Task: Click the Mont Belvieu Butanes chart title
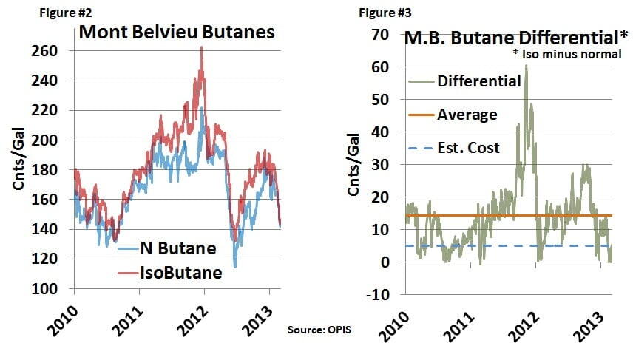coord(177,33)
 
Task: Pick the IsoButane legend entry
coord(180,272)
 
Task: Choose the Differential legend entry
coord(479,81)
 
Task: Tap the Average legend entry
coord(467,115)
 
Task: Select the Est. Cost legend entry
coord(468,148)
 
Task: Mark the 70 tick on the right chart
coord(381,34)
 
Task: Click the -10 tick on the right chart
coord(378,295)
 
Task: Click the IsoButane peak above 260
coord(202,48)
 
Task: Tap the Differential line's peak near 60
coord(527,66)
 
